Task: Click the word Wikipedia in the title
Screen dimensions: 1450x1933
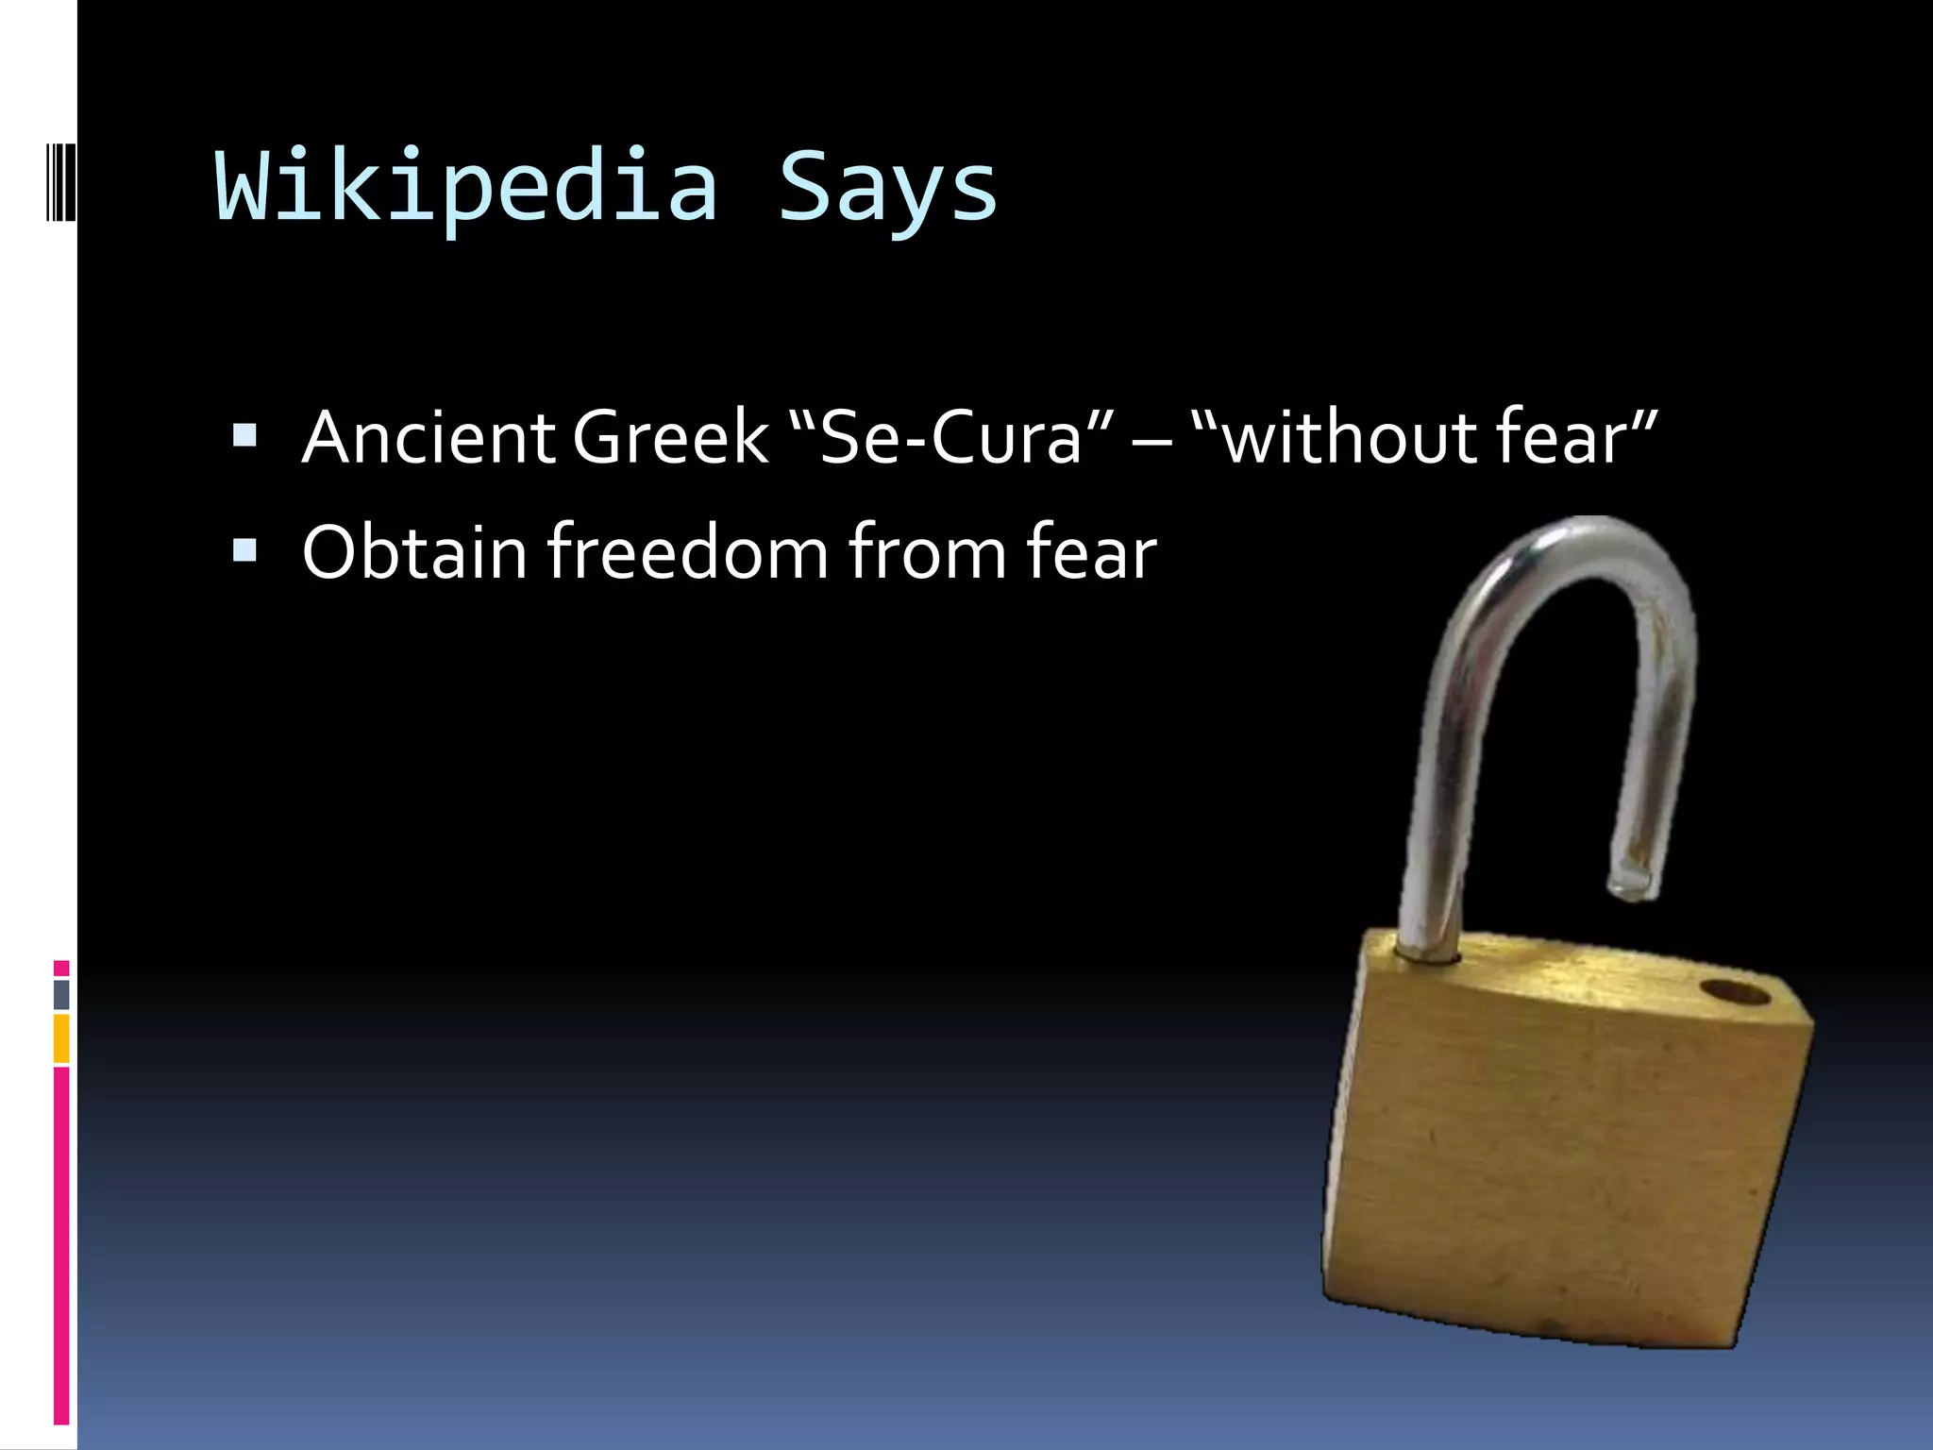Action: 467,187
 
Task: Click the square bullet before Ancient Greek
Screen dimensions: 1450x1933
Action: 244,435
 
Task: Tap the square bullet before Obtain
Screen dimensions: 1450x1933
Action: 244,549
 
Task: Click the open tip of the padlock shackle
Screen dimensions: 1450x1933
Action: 1632,884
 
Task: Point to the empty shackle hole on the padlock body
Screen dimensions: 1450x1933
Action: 1737,993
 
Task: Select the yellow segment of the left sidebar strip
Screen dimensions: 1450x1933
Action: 61,1038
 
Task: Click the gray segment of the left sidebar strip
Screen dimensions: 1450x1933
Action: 61,994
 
